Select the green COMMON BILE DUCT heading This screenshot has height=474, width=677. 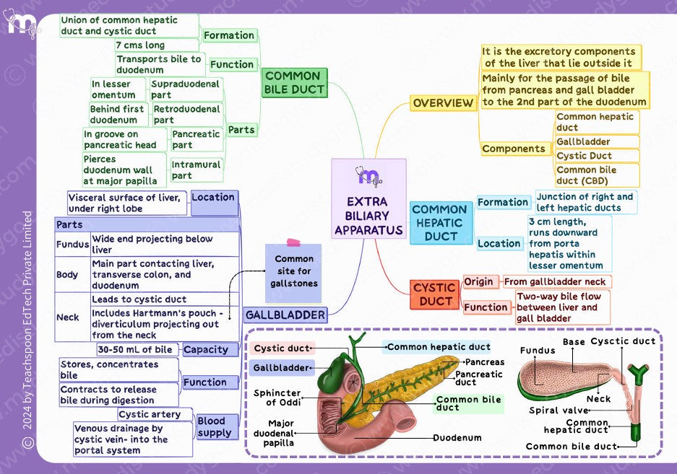[x=294, y=82]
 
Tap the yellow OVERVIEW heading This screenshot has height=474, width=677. [x=442, y=103]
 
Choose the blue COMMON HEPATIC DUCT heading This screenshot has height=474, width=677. [x=439, y=222]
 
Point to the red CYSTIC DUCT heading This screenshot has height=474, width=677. [x=434, y=294]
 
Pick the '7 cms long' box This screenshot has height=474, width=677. [x=140, y=45]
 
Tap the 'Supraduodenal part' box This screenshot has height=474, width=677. [x=185, y=89]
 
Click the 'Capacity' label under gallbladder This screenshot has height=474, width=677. [x=206, y=350]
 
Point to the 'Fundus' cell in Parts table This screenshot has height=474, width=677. [x=72, y=245]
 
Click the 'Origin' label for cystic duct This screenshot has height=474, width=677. [x=479, y=282]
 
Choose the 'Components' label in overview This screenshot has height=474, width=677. [x=514, y=149]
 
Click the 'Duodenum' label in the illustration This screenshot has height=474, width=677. [x=457, y=438]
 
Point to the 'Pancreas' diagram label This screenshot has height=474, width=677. [x=485, y=362]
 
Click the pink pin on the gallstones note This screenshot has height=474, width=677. [x=293, y=242]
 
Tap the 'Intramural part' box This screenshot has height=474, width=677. [x=196, y=170]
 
